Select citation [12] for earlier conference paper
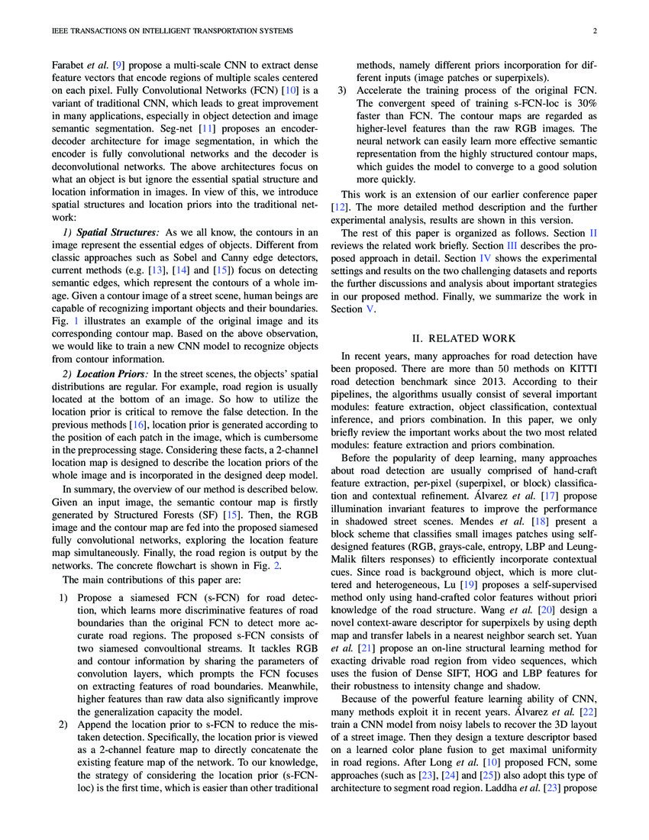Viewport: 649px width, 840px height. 340,207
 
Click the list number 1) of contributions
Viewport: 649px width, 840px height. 64,613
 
